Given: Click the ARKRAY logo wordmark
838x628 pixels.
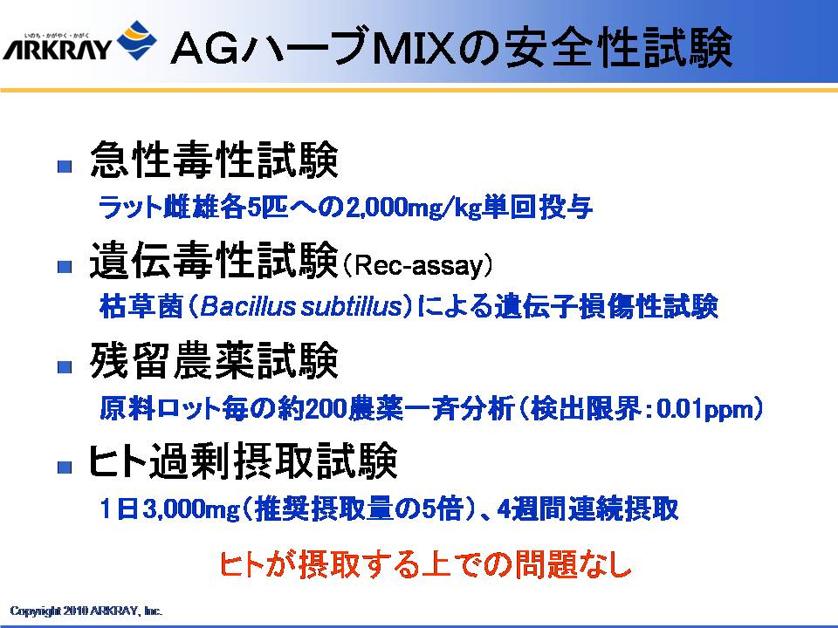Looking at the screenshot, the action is click(x=57, y=47).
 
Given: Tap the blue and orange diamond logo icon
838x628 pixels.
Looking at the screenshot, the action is click(x=137, y=41).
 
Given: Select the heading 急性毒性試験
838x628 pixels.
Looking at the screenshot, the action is click(x=214, y=160).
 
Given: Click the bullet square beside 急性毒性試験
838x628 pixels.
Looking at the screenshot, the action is click(x=65, y=166).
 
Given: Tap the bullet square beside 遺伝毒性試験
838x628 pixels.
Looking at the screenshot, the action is click(x=65, y=267).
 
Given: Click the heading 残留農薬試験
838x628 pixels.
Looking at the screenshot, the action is click(x=214, y=360).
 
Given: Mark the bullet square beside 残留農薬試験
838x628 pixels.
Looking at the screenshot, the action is click(x=65, y=367).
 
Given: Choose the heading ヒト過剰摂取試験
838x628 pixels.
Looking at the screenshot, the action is click(x=244, y=461).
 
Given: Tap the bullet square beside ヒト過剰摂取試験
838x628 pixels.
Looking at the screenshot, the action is click(x=65, y=468).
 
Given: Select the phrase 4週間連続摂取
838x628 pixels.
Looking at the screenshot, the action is click(x=587, y=509).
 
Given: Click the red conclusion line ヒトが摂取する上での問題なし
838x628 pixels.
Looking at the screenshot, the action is click(x=426, y=564).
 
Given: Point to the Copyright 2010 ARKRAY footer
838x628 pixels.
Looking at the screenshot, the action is click(x=86, y=611).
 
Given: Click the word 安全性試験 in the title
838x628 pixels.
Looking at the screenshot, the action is click(x=618, y=49).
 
